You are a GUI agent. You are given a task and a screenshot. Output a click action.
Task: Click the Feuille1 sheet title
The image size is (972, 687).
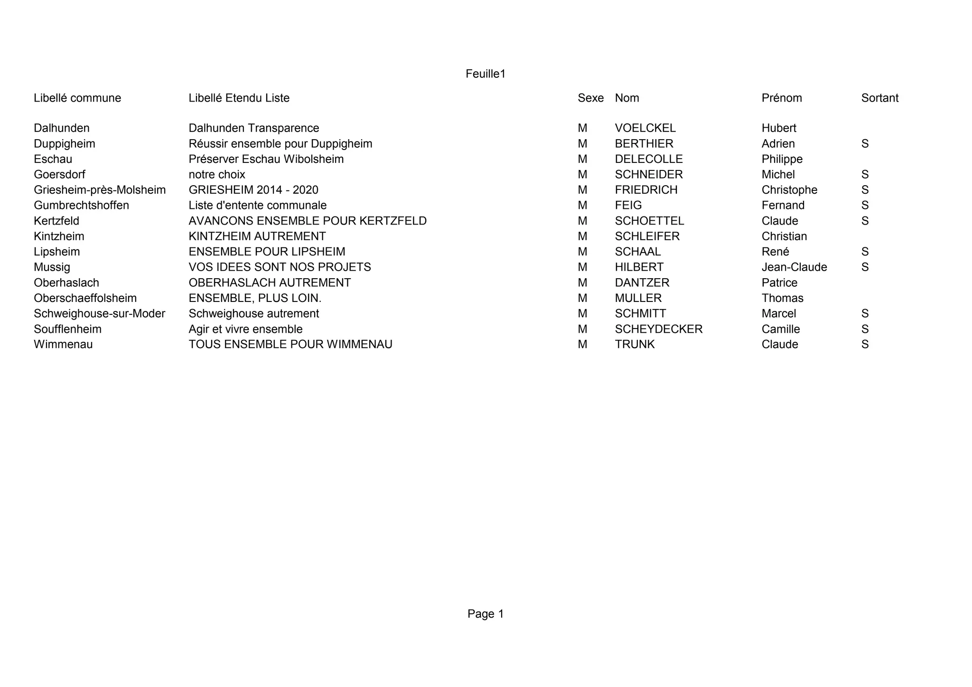click(486, 74)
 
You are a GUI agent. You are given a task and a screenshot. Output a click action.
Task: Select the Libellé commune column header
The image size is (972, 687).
click(77, 98)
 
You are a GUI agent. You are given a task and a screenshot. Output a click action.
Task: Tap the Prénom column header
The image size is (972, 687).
click(782, 98)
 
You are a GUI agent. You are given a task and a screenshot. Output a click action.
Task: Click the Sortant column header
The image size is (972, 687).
click(879, 98)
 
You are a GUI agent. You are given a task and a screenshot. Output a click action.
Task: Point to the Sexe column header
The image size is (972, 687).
click(590, 98)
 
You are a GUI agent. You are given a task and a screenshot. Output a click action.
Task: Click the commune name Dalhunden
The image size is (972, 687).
click(62, 128)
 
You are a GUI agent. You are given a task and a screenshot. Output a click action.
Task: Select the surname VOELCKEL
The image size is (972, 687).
click(645, 128)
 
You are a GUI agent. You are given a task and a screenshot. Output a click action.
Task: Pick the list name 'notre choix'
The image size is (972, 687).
click(217, 175)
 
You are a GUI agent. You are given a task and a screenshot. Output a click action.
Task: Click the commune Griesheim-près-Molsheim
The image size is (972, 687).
click(100, 190)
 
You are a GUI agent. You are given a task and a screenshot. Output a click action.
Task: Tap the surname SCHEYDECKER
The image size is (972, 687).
click(658, 329)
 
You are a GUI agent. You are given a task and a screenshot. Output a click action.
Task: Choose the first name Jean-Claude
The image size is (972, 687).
click(794, 267)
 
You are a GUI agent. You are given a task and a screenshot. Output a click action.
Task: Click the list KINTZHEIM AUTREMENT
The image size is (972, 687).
click(257, 236)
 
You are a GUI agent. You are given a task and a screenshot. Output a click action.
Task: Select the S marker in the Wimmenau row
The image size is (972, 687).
click(865, 345)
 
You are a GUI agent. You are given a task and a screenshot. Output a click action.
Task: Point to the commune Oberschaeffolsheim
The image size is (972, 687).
click(85, 298)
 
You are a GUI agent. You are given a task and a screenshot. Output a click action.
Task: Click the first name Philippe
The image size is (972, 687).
click(782, 159)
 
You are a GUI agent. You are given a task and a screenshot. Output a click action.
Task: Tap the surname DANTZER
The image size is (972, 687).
click(642, 283)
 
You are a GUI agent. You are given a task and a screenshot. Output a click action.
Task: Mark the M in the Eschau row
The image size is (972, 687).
click(582, 159)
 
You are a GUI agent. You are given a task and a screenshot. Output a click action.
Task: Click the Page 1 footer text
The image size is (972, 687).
click(486, 614)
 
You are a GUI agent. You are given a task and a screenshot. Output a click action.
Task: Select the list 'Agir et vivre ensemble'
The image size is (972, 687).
click(245, 329)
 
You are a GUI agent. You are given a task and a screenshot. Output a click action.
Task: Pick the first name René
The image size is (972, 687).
click(775, 252)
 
